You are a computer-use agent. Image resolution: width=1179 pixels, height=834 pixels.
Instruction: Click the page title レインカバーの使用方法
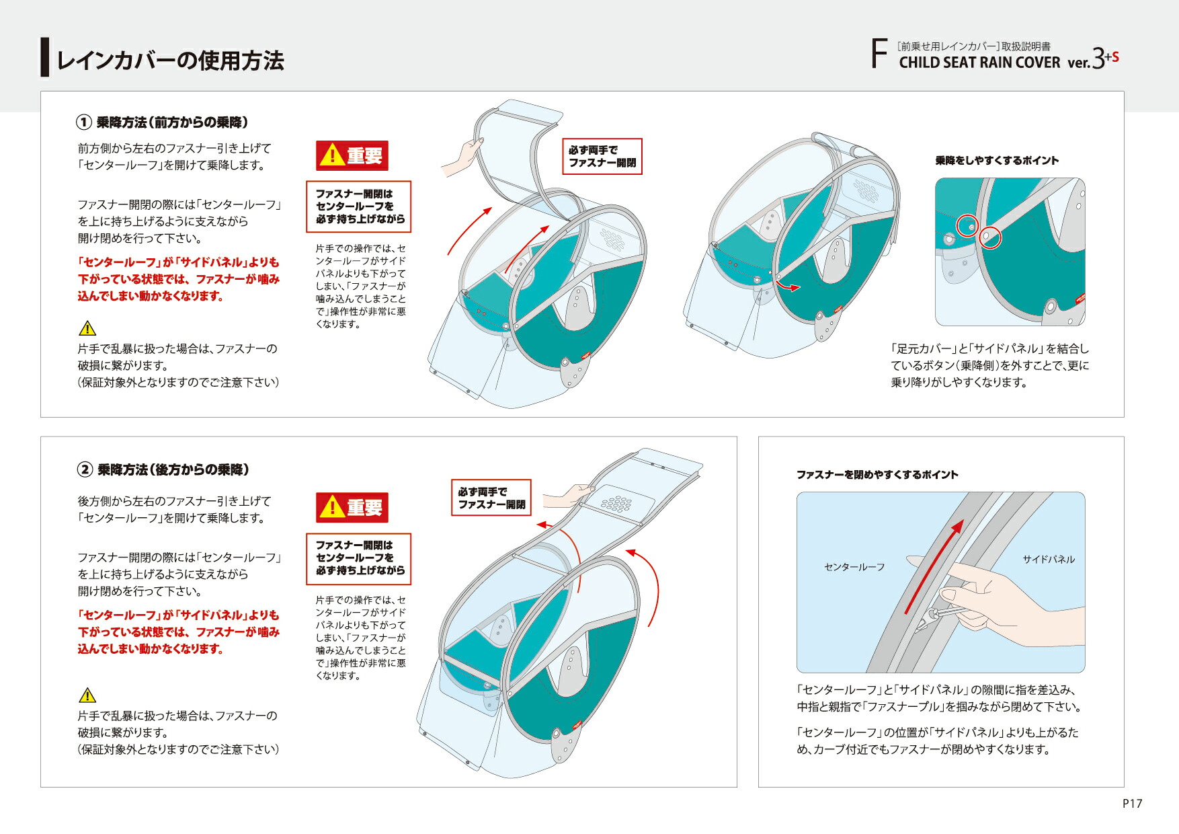[170, 61]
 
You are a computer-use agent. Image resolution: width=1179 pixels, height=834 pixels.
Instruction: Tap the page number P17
[1132, 803]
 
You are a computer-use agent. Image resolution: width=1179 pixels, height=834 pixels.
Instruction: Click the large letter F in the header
[879, 54]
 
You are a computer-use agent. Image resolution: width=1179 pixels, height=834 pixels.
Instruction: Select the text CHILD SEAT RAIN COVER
[979, 63]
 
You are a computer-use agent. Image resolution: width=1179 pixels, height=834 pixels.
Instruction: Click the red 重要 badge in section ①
[352, 155]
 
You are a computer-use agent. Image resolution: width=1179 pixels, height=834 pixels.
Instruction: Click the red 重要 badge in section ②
[352, 507]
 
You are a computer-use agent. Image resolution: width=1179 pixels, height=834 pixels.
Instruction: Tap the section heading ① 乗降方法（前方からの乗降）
[162, 122]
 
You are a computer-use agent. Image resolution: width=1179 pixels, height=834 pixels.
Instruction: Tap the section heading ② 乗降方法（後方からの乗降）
[163, 469]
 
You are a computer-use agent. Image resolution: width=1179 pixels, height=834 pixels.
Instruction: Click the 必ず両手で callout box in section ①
[602, 157]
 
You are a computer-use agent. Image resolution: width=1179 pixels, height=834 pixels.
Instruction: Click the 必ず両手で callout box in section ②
[491, 498]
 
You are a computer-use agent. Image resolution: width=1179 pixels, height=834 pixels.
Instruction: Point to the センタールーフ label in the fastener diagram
[854, 567]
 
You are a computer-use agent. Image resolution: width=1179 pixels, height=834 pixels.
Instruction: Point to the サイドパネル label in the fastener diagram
[1049, 559]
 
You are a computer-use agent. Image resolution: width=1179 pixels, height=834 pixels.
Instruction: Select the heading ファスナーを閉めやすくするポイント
[877, 475]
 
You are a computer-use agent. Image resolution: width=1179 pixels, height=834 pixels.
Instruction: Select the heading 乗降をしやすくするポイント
[997, 161]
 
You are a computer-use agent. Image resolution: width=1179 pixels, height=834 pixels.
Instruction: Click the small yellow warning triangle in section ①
[87, 328]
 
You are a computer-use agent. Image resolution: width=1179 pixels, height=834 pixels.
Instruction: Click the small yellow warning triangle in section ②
[87, 695]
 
